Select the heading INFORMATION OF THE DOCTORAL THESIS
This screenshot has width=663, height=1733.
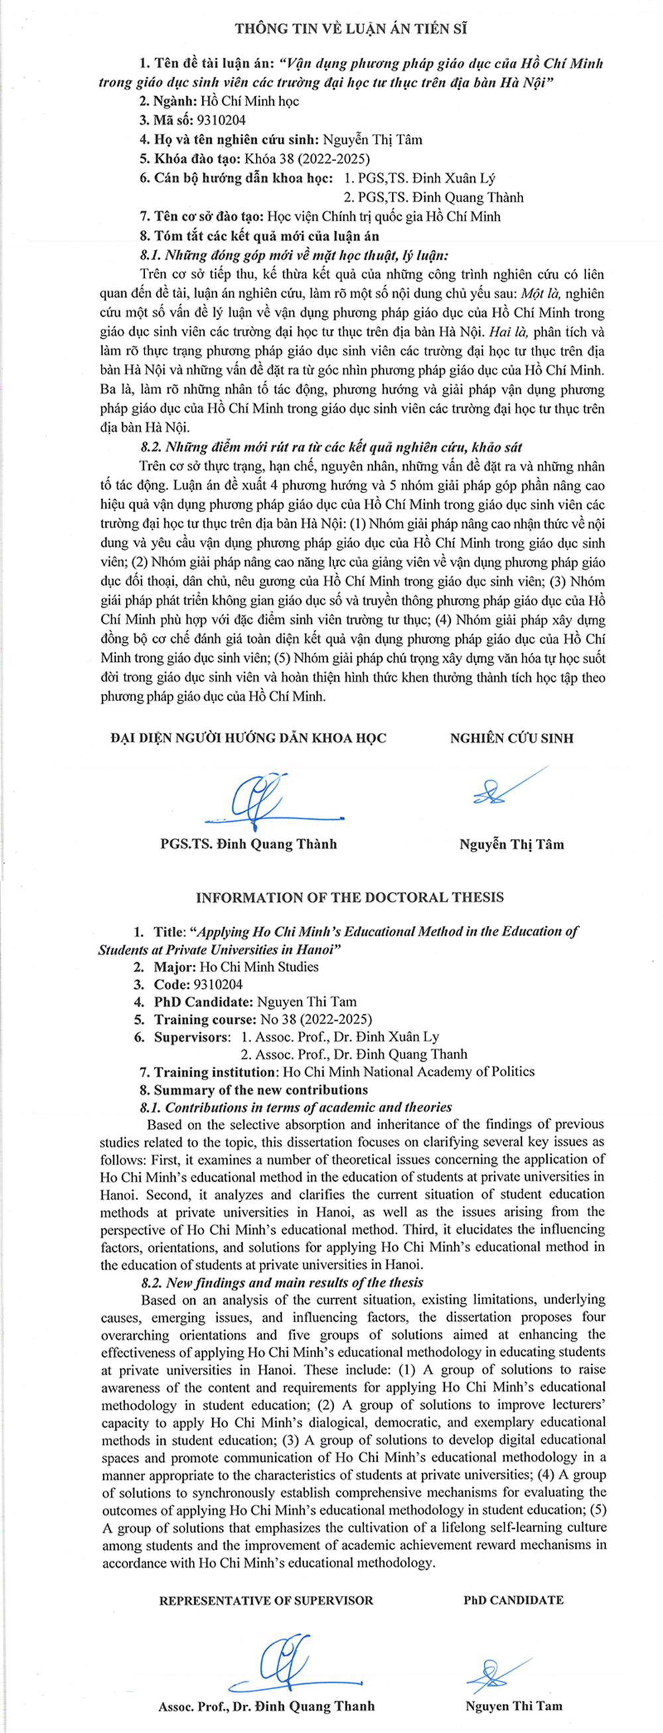349,897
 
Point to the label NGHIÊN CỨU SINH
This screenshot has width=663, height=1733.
512,738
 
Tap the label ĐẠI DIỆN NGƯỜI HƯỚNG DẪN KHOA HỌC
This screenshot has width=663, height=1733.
249,738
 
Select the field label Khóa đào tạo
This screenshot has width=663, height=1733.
176,160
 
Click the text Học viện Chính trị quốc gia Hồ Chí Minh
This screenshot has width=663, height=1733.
385,217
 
